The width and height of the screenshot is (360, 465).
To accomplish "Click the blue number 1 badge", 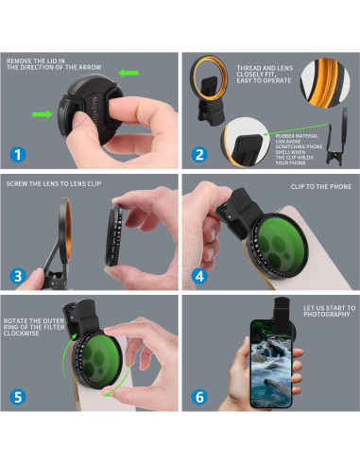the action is click(18, 154).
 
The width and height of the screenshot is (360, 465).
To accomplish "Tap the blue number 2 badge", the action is click(199, 154).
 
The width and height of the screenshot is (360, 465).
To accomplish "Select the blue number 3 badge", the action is click(18, 276).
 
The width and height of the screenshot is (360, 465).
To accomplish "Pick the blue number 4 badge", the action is click(199, 276).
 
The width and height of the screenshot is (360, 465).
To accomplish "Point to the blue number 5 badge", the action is click(18, 397).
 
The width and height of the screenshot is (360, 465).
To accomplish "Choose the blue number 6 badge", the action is click(199, 397).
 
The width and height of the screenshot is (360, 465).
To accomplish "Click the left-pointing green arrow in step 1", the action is click(129, 73).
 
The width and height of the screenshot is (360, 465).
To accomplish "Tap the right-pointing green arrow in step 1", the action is click(43, 114).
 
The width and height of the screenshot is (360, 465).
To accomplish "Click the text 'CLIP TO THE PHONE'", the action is click(321, 186).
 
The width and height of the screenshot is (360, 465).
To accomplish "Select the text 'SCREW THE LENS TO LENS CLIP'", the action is click(54, 183).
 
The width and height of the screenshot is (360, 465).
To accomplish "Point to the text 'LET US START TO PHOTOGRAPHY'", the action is click(329, 311).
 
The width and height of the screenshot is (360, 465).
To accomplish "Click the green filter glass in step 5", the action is click(98, 359).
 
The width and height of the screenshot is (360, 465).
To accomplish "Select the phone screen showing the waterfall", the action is click(271, 363).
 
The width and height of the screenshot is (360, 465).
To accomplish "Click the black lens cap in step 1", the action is click(91, 108).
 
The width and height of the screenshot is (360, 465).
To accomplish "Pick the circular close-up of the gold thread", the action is click(325, 83).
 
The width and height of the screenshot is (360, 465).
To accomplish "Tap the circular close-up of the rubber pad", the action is click(246, 142).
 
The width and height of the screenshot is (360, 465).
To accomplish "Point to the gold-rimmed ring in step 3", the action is click(65, 230).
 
